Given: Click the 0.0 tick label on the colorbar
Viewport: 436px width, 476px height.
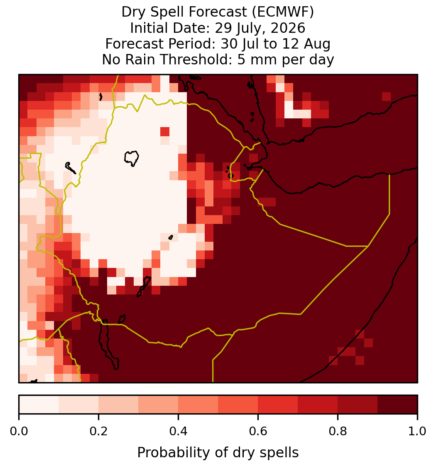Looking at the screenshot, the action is (19, 431).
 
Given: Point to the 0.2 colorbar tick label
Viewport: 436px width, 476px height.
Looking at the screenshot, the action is (98, 431).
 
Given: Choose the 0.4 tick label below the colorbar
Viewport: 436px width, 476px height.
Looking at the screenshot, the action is (178, 431).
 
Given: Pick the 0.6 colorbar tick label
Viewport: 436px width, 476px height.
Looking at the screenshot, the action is (258, 431).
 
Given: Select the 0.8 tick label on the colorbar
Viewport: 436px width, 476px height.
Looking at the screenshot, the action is (338, 431).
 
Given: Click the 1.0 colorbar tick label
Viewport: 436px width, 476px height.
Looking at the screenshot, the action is (417, 431).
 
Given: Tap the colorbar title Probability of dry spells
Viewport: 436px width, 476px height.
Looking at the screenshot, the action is (218, 453).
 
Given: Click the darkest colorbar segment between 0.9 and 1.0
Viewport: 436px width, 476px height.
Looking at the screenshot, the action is (397, 405).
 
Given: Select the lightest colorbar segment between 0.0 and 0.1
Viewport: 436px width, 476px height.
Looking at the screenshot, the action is (39, 405).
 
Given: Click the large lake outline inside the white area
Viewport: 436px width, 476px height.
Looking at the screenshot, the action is (131, 158).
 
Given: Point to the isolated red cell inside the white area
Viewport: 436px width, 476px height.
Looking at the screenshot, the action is (165, 132).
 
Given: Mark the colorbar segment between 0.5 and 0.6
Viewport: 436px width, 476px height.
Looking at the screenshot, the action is (238, 405).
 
